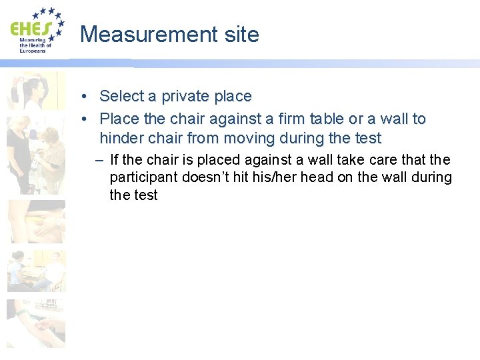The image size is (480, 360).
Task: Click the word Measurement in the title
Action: point(141,34)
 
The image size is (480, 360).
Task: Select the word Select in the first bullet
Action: point(121,96)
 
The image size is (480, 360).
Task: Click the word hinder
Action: point(120,139)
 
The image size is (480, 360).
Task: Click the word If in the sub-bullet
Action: point(114,160)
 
